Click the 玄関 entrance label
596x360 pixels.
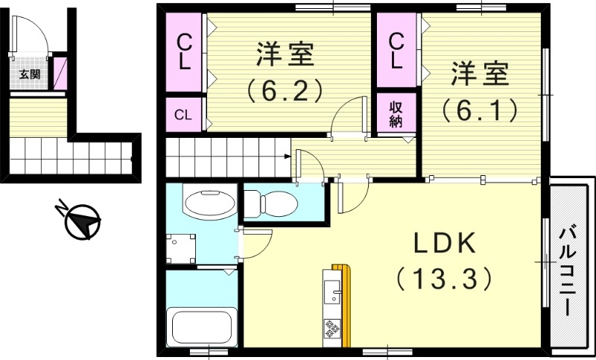point(30,75)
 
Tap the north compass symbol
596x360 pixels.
point(82,222)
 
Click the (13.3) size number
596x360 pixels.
point(444,279)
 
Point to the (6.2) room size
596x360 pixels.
point(285,90)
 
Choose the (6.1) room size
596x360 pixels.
point(479,110)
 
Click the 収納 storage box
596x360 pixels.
point(395,113)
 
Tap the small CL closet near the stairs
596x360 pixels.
point(183,115)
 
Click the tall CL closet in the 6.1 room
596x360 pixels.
point(396,51)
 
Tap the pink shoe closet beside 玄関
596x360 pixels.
point(60,73)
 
